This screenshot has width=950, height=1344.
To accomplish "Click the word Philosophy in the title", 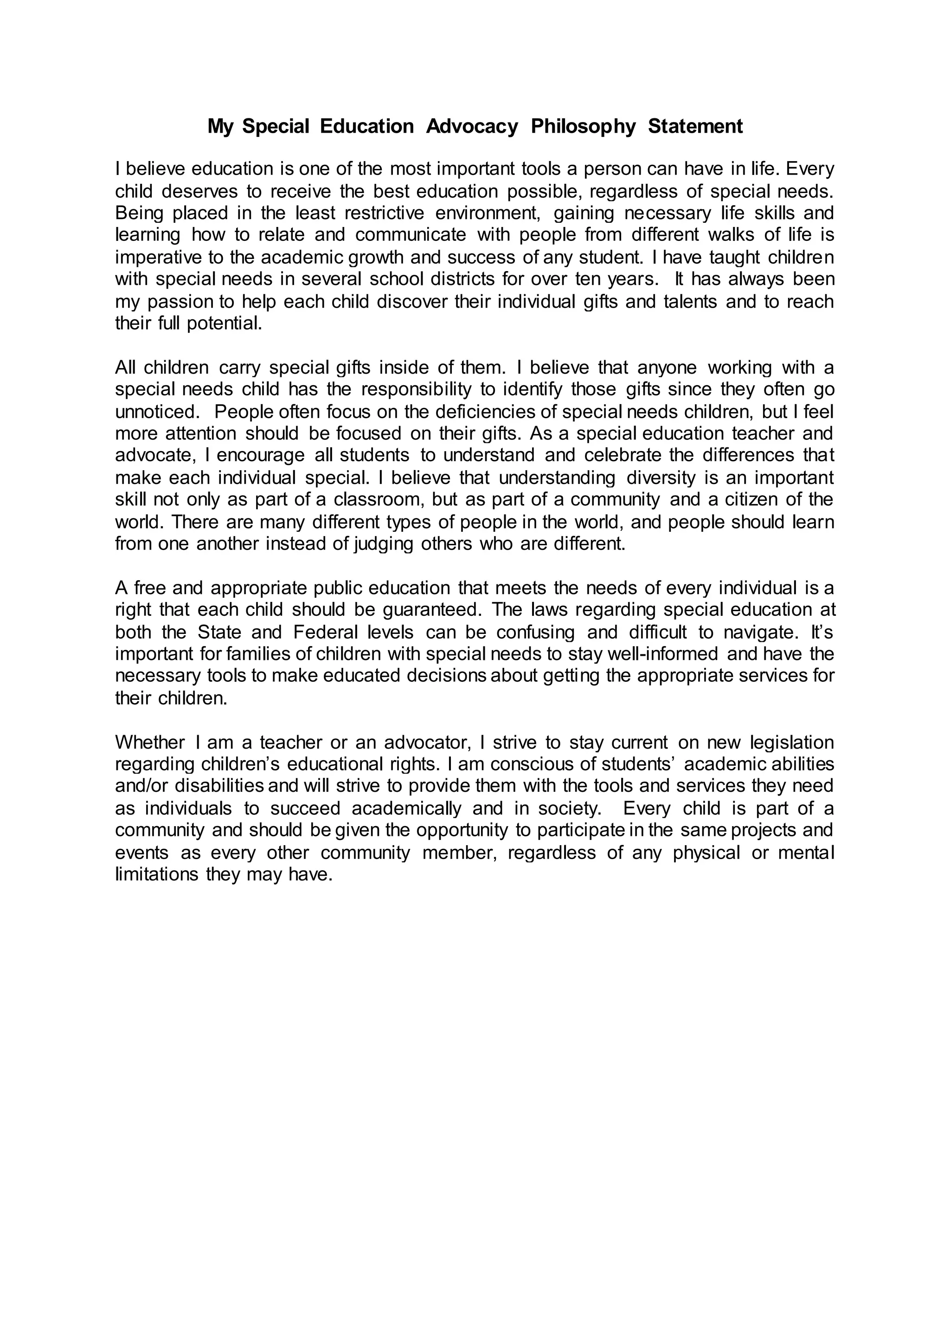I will tap(583, 126).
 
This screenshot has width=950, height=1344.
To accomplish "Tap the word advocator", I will tap(428, 742).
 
